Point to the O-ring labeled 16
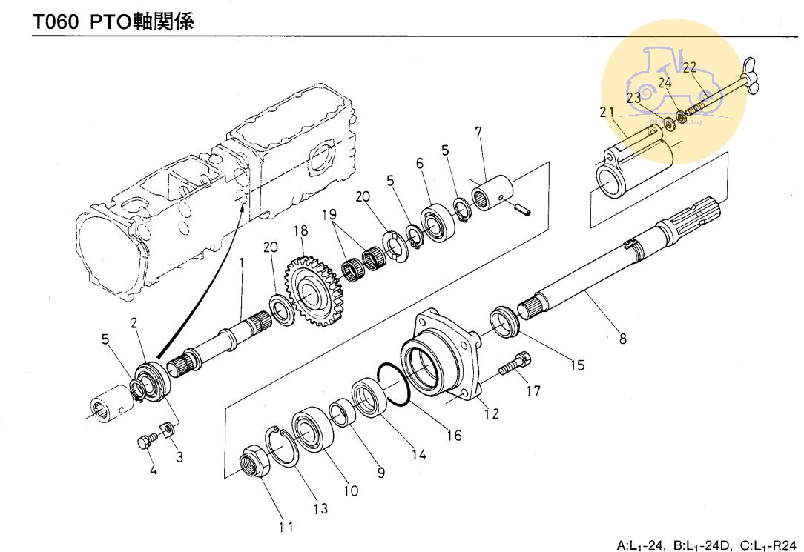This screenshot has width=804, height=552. (393, 385)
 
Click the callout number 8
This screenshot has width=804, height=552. (622, 339)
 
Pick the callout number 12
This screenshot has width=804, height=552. (490, 414)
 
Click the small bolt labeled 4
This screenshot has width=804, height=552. (145, 442)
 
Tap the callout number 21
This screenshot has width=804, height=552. (607, 113)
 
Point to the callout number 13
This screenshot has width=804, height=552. (321, 509)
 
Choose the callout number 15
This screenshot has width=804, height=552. (577, 365)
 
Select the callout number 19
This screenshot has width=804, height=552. (329, 215)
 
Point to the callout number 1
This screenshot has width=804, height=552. (241, 262)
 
